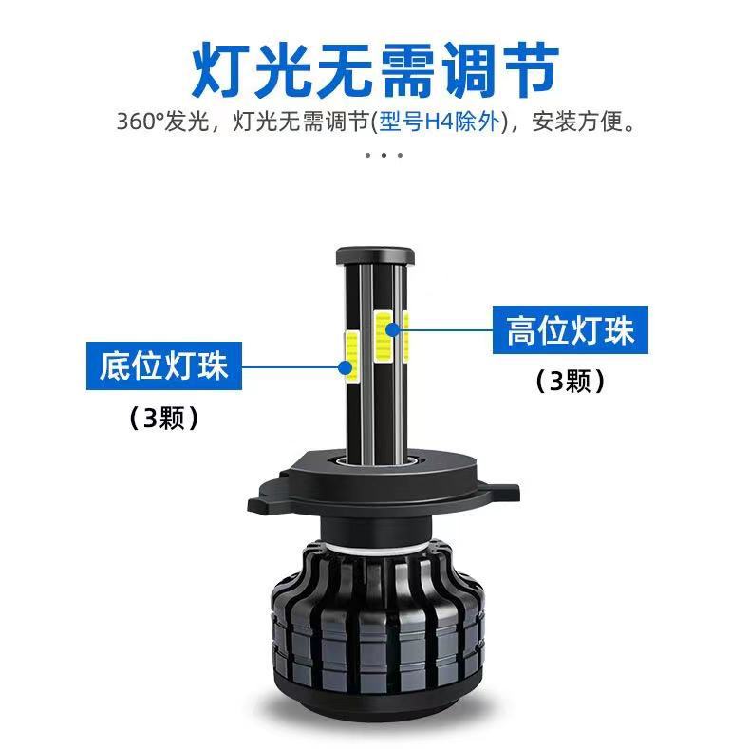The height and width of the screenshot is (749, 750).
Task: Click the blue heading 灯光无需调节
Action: click(x=376, y=70)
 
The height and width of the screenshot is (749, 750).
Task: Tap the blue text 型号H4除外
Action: click(x=440, y=122)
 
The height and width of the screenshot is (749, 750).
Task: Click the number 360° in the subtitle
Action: click(x=141, y=122)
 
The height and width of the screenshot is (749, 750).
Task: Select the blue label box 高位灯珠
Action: click(x=571, y=330)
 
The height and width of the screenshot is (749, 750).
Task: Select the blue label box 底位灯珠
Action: click(x=164, y=365)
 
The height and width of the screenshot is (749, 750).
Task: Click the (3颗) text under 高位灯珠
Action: click(x=571, y=382)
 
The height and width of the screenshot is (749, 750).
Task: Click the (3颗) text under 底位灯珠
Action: click(x=164, y=418)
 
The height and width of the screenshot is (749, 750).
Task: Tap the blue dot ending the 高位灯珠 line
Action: click(x=393, y=329)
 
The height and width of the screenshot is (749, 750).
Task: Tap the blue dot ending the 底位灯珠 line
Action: click(x=345, y=367)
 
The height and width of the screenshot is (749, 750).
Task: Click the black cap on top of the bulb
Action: click(x=375, y=256)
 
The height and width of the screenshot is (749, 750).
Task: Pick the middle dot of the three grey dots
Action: click(x=384, y=155)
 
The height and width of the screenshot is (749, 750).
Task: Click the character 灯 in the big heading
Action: click(x=220, y=70)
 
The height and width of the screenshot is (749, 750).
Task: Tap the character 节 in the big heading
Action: click(x=531, y=70)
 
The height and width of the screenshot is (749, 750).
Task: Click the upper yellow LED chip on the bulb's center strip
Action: click(x=384, y=336)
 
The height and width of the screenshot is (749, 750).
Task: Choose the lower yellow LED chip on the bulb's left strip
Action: click(x=351, y=356)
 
